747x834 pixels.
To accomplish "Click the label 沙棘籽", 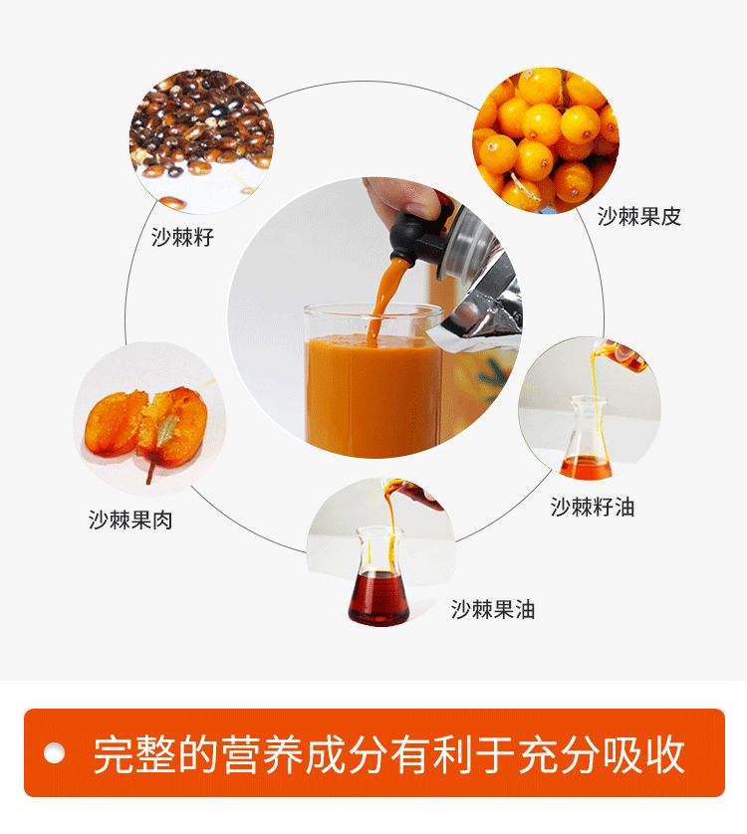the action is tap(182, 237).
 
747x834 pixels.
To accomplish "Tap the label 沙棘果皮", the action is tap(638, 217).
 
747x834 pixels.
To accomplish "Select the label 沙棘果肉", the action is tap(131, 520).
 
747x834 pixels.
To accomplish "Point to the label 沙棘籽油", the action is tap(593, 507).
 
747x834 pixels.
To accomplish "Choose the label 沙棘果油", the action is tap(493, 609).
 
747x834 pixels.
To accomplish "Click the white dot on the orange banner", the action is tap(54, 753).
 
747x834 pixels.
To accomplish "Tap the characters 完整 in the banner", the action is tap(134, 754).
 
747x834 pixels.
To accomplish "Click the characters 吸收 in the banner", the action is tap(643, 754).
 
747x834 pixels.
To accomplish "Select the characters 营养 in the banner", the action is tap(261, 754).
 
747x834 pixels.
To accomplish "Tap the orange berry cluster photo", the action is tap(546, 140).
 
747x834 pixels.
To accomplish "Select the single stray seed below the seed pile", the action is tap(173, 202).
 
